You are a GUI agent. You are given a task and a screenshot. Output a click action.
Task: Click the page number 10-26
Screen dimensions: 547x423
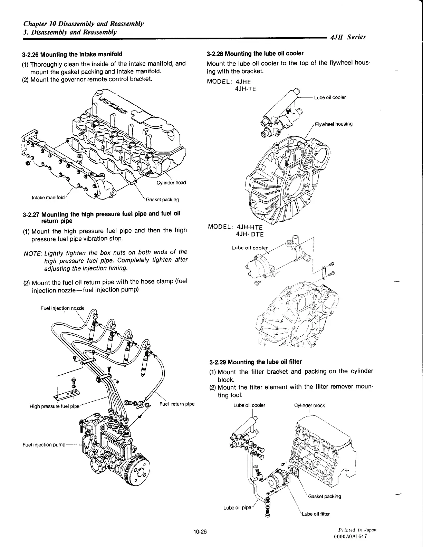(x=200, y=532)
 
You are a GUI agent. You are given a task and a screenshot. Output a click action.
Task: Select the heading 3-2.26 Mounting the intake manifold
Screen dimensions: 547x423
(x=72, y=54)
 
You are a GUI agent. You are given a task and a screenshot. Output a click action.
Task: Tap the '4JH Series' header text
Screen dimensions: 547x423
(x=348, y=37)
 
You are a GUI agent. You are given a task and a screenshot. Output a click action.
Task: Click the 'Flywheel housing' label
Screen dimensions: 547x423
(x=334, y=124)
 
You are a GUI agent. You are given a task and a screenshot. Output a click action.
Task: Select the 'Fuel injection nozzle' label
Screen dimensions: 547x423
(x=63, y=308)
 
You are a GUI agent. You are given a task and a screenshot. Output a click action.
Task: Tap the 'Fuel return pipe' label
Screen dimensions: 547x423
(x=177, y=404)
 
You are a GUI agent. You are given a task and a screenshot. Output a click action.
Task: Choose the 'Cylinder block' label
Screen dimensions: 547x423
(x=309, y=405)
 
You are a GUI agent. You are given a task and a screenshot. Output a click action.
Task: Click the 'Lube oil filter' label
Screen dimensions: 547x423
(x=316, y=514)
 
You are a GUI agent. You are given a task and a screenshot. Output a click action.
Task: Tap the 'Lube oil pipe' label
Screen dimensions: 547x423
(x=238, y=508)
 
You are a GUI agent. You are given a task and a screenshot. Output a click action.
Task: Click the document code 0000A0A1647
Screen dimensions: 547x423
(x=350, y=536)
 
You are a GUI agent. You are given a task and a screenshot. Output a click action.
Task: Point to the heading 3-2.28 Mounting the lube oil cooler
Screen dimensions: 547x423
(x=255, y=54)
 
